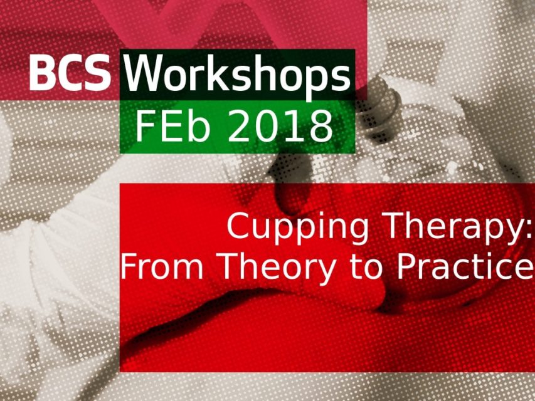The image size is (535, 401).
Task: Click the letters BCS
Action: click(x=70, y=72)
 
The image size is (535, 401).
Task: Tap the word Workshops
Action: click(x=237, y=76)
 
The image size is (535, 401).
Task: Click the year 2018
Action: click(x=278, y=127)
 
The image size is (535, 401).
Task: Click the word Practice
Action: click(x=465, y=266)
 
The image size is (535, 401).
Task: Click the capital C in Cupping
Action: click(x=239, y=226)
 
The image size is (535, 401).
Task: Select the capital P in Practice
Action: click(x=406, y=266)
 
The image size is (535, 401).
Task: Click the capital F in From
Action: click(x=129, y=266)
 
